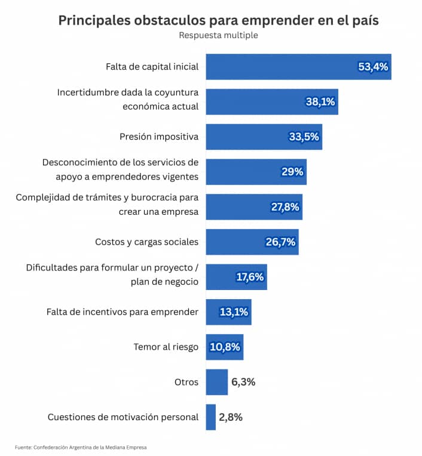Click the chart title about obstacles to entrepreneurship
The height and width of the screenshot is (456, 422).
(x=218, y=20)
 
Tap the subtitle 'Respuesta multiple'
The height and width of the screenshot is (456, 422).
(x=218, y=35)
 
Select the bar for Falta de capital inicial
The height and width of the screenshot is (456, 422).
(x=281, y=67)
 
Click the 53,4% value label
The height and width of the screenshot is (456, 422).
(x=373, y=67)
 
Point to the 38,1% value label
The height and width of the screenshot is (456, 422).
(x=320, y=102)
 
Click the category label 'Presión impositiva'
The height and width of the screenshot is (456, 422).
(x=159, y=137)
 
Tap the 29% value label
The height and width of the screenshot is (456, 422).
(x=293, y=172)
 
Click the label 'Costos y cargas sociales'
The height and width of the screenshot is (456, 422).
(x=146, y=242)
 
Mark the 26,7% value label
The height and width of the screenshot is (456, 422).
(x=280, y=242)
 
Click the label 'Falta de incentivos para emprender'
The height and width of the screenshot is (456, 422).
(x=123, y=312)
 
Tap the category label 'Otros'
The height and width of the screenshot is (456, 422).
(x=186, y=382)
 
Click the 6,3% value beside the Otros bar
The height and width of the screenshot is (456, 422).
(x=243, y=382)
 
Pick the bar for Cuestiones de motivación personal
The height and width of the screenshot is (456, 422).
(x=211, y=417)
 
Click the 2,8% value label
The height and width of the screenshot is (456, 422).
(x=231, y=417)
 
